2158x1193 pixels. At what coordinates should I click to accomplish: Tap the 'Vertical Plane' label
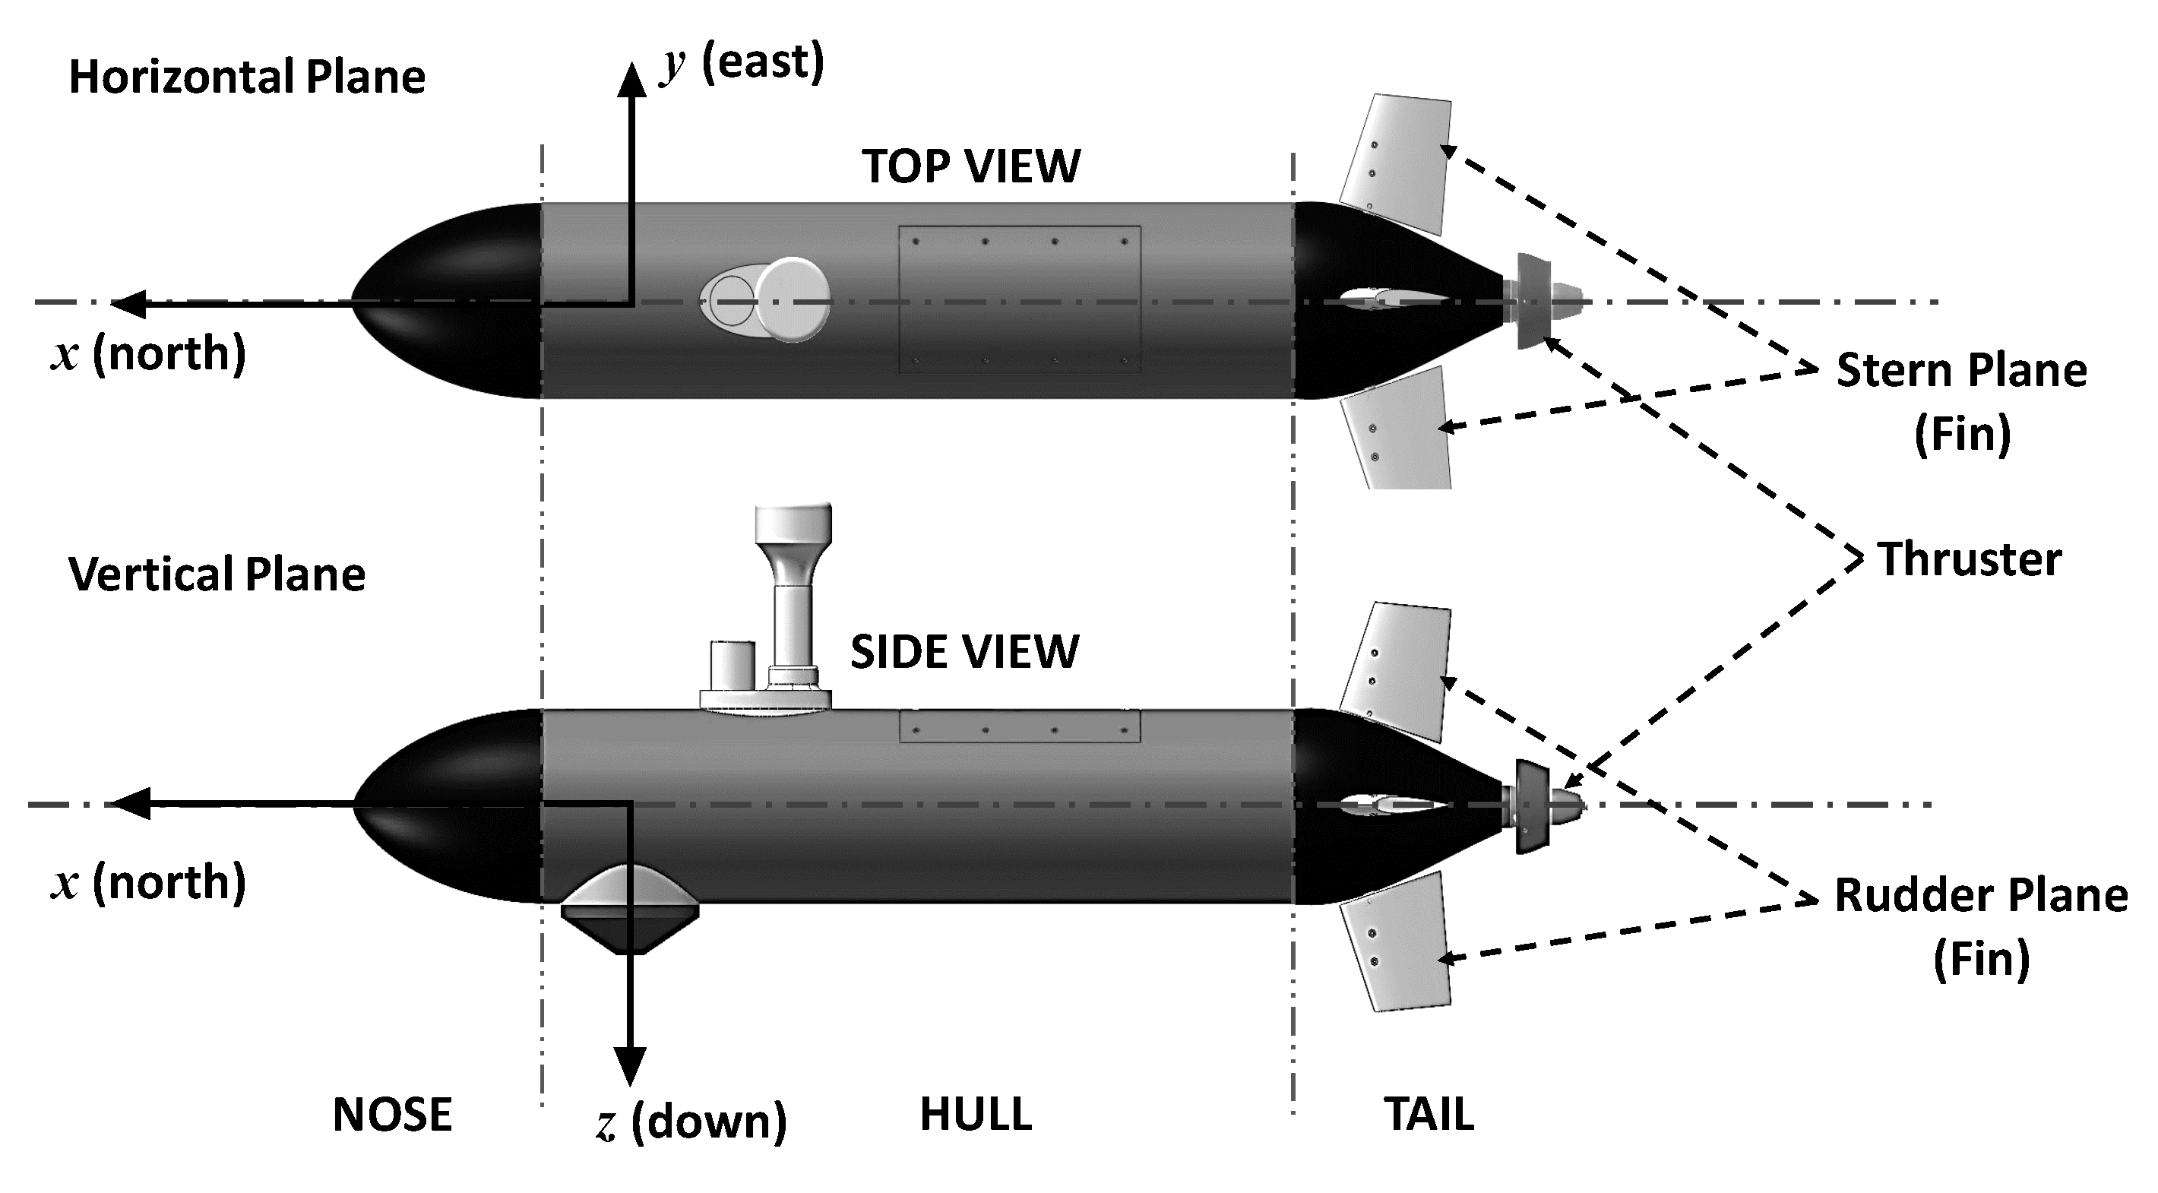coord(217,574)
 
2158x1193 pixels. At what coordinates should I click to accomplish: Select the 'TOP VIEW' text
coord(971,166)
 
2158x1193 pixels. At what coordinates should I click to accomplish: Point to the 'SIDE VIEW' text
coord(964,652)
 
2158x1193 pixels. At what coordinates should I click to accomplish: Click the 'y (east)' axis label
coord(742,63)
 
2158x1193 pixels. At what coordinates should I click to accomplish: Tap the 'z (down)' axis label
coord(692,1121)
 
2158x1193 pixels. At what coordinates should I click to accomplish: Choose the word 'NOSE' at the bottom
coord(392,1114)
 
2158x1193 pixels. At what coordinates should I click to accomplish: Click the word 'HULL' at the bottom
coord(976,1114)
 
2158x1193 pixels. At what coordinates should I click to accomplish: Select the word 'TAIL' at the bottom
coord(1429,1114)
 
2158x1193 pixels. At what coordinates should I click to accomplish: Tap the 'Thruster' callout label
coord(1969,559)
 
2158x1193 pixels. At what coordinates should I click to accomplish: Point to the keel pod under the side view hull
coord(630,909)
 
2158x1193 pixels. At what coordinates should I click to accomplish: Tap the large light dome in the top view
coord(793,300)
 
